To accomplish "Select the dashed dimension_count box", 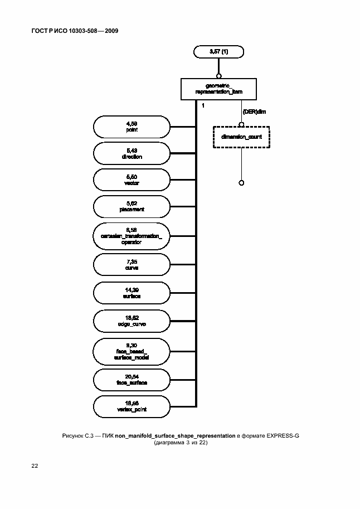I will point(241,137).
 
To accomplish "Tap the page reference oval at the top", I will point(219,52).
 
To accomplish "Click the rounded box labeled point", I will point(132,127).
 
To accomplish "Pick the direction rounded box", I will point(132,154).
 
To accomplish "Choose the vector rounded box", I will point(132,180).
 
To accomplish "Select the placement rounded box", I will point(132,207).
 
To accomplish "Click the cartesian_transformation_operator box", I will point(132,236).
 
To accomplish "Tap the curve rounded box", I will point(132,265).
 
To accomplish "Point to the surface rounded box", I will point(132,293).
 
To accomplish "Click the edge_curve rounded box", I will point(132,321).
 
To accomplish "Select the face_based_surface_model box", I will point(132,351).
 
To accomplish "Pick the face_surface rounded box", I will point(132,380).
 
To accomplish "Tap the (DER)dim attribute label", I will point(254,112).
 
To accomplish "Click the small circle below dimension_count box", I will point(241,182).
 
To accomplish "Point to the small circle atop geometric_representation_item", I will point(219,75).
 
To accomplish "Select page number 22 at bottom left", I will point(35,464).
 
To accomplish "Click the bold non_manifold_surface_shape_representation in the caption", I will point(175,435).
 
